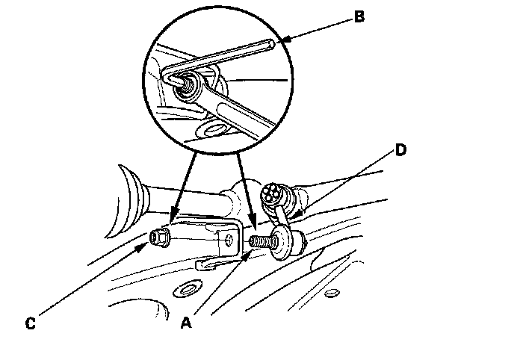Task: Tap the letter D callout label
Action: [x=400, y=150]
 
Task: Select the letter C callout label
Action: [x=30, y=323]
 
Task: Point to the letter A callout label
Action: [x=188, y=323]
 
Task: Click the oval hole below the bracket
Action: [x=185, y=288]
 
